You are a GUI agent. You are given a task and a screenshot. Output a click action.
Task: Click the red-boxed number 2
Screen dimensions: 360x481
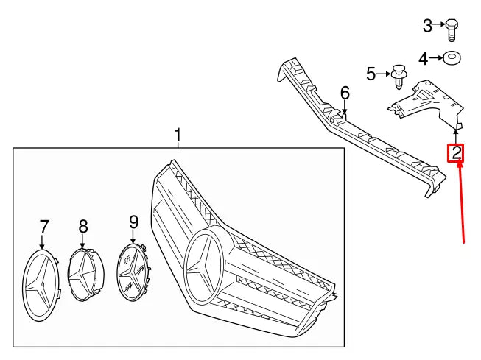457,153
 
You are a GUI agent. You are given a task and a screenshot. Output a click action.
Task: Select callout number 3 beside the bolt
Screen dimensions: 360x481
428,27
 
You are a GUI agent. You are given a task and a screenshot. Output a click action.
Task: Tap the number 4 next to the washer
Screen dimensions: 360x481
423,58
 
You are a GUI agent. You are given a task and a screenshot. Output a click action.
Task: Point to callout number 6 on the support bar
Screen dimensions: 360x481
345,93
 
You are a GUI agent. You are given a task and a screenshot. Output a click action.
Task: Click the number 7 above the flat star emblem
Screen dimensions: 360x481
43,225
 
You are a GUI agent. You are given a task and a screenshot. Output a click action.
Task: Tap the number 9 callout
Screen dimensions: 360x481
133,221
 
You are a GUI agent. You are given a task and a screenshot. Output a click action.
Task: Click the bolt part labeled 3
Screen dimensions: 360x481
452,29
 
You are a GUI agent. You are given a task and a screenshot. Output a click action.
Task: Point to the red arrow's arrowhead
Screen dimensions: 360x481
458,166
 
